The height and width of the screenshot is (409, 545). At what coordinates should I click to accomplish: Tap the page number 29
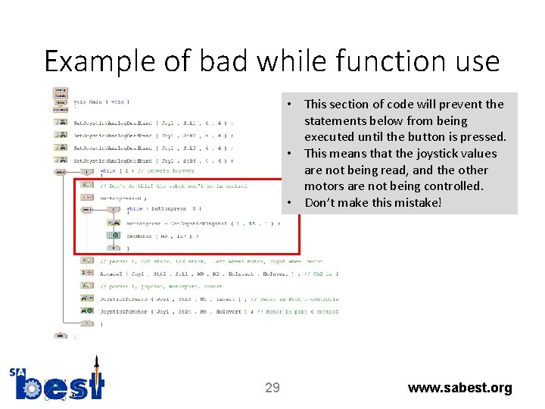point(272,388)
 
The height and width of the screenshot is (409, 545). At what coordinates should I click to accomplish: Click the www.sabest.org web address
point(459,388)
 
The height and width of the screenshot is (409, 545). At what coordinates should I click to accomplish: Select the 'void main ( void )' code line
point(101,101)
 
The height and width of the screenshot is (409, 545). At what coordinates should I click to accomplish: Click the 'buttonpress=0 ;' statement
point(125,197)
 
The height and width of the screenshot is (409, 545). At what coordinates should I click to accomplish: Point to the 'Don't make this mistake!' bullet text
point(372,202)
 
